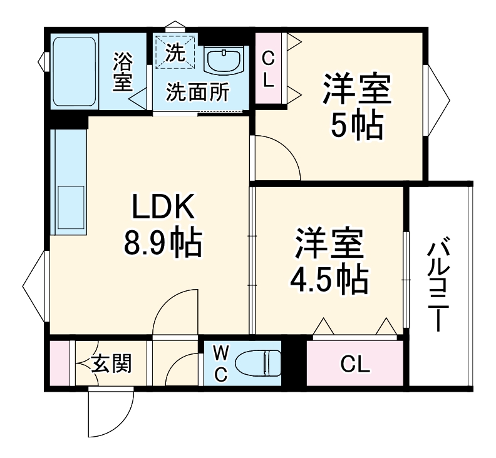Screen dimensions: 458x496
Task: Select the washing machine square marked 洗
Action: click(175, 53)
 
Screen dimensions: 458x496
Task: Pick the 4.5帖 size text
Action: click(328, 281)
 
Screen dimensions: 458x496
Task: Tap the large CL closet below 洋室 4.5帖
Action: click(355, 364)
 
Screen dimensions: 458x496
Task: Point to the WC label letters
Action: click(220, 364)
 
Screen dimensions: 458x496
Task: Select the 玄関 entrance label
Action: click(112, 364)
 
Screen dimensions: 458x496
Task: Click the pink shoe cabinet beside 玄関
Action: click(59, 363)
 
